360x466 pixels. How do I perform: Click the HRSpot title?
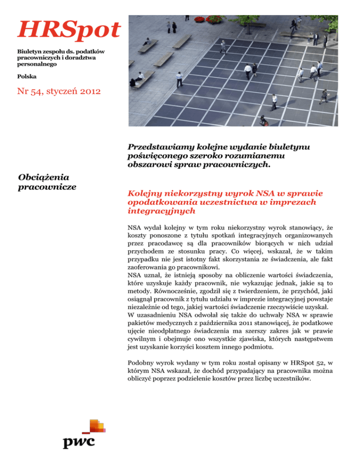tap(68, 30)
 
